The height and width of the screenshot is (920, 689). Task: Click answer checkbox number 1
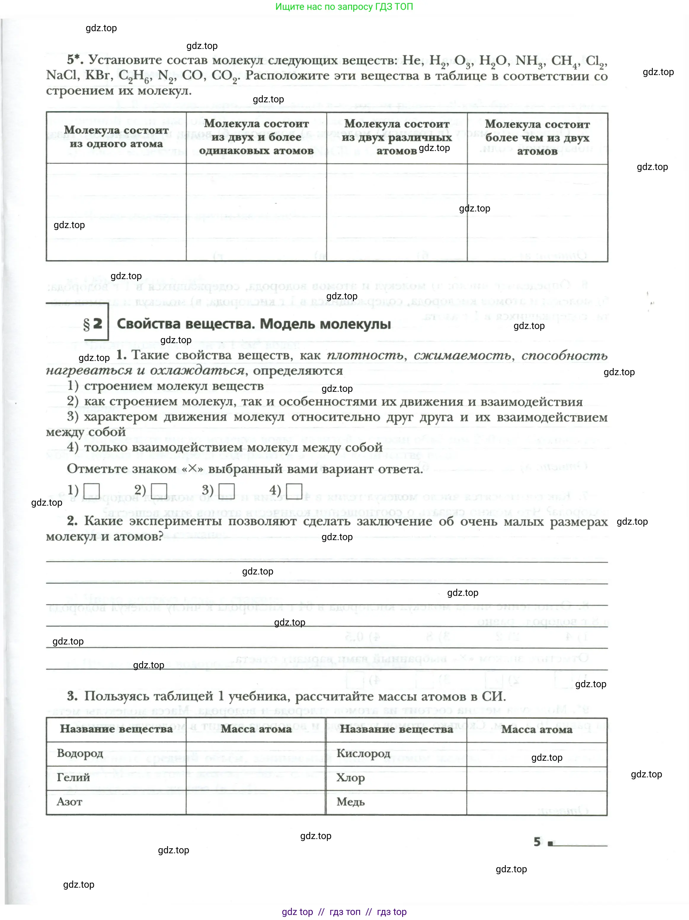click(92, 491)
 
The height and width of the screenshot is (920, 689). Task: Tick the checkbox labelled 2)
click(159, 491)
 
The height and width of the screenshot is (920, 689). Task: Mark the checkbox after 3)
click(226, 491)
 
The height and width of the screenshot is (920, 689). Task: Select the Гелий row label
click(73, 777)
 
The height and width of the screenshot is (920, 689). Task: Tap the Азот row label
click(69, 801)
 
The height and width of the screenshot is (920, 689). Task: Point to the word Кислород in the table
click(363, 753)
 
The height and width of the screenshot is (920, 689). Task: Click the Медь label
click(350, 801)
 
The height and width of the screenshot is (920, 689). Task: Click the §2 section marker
click(93, 324)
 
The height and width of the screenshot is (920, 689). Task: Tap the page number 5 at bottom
click(537, 842)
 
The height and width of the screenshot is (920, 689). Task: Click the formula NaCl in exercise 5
click(62, 75)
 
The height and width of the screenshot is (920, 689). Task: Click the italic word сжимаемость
click(462, 355)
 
